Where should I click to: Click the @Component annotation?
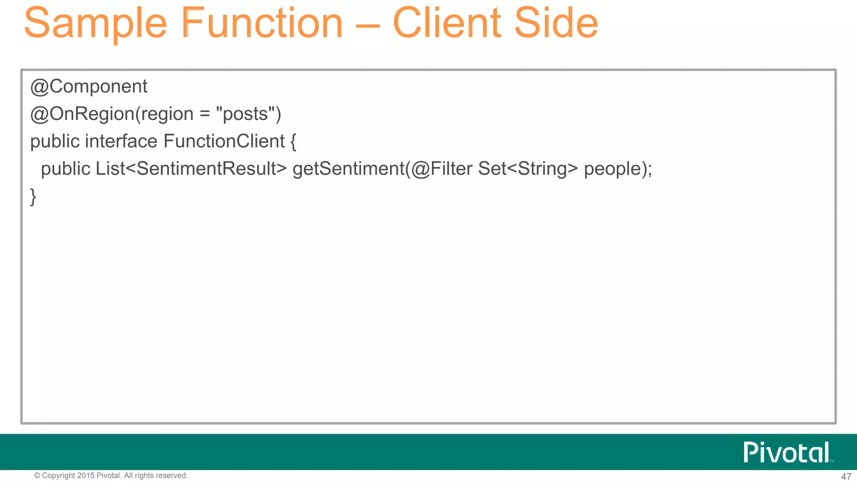click(x=89, y=87)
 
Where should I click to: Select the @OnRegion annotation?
click(x=82, y=114)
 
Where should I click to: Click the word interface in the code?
click(x=121, y=141)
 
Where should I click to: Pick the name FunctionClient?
click(x=224, y=141)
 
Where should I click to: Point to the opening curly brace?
click(x=293, y=142)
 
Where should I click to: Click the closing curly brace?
click(x=33, y=197)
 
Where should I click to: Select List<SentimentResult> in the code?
click(x=191, y=169)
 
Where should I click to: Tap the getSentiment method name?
click(x=348, y=169)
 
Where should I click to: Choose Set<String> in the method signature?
click(x=528, y=169)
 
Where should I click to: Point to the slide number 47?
click(x=846, y=477)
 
